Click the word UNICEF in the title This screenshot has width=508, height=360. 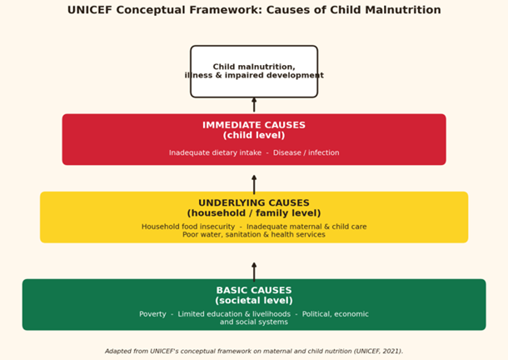click(x=90, y=10)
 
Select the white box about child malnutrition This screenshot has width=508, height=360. click(x=254, y=72)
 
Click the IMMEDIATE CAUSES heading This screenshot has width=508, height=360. click(x=254, y=125)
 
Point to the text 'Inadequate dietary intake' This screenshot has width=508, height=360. click(x=215, y=152)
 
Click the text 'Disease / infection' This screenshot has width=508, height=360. click(x=306, y=152)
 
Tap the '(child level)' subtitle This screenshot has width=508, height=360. click(x=254, y=135)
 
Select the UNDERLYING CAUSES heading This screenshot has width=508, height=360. click(x=254, y=203)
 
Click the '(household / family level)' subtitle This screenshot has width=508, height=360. click(x=254, y=213)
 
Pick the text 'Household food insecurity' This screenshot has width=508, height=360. click(x=188, y=227)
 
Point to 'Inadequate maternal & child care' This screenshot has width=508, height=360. click(x=306, y=227)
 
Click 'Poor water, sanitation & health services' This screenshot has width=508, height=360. click(x=254, y=234)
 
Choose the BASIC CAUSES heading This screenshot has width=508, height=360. click(x=254, y=290)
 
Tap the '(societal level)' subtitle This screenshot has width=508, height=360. click(x=254, y=300)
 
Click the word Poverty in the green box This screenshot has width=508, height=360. click(x=152, y=314)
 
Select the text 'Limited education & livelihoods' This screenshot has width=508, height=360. click(x=234, y=314)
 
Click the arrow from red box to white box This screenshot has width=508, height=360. click(x=254, y=104)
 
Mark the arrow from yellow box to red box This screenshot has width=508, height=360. click(x=254, y=184)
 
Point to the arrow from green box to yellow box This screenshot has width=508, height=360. click(x=254, y=272)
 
